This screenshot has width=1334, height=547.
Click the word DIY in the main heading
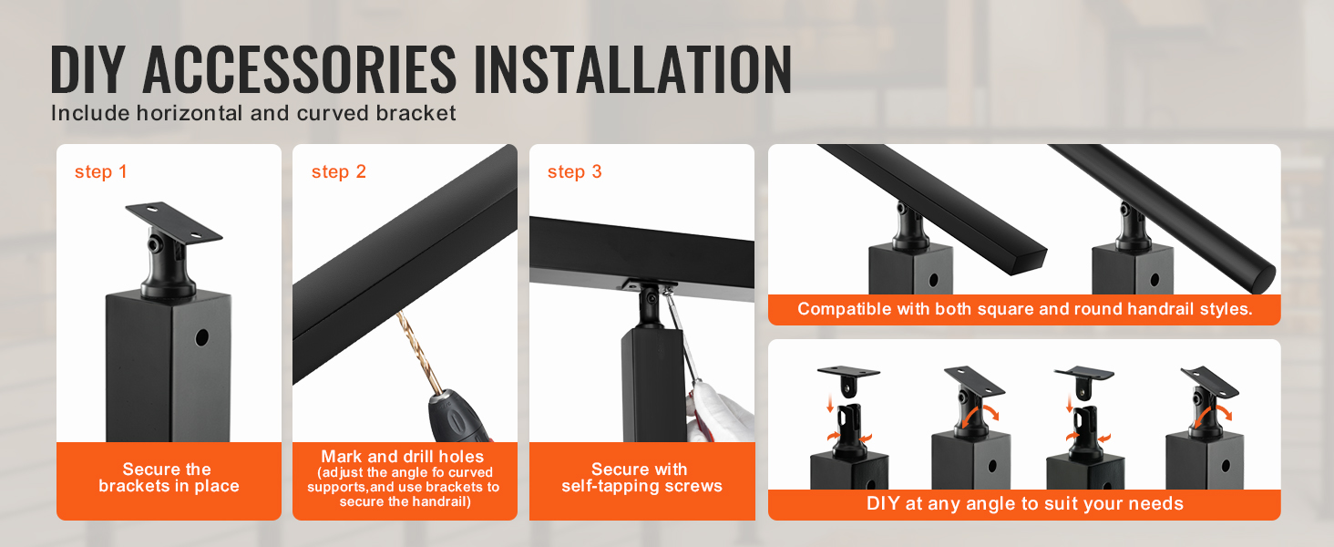click(87, 69)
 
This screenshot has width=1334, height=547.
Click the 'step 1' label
click(100, 171)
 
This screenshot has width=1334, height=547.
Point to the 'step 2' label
click(338, 171)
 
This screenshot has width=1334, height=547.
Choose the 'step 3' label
click(575, 171)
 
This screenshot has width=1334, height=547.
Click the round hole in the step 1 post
click(202, 338)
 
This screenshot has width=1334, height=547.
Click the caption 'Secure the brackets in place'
click(169, 478)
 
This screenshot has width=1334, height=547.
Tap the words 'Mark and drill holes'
click(403, 457)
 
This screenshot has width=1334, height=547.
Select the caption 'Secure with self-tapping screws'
click(641, 478)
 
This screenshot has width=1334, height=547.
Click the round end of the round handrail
click(1258, 278)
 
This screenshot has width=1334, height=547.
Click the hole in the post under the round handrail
click(1154, 278)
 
